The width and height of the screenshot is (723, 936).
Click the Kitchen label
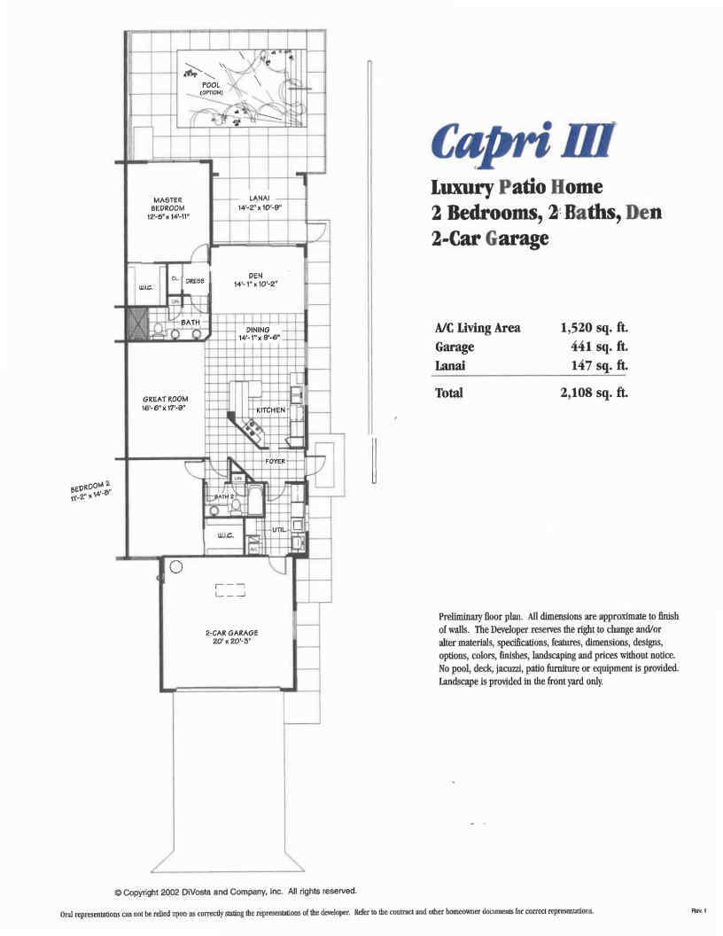[x=270, y=411]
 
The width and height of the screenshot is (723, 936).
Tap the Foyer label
[x=275, y=462]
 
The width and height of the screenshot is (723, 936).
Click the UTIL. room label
[x=279, y=529]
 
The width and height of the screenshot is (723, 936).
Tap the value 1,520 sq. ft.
[x=594, y=328]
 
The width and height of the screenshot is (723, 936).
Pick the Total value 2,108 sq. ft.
[x=594, y=393]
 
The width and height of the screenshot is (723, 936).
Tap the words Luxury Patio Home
[x=517, y=187]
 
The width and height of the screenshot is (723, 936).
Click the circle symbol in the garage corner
[x=175, y=568]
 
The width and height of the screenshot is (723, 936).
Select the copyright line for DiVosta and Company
[x=236, y=891]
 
